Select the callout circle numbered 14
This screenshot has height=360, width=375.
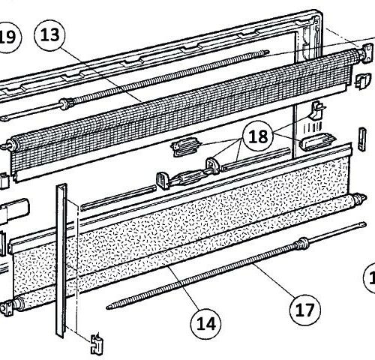205,323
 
